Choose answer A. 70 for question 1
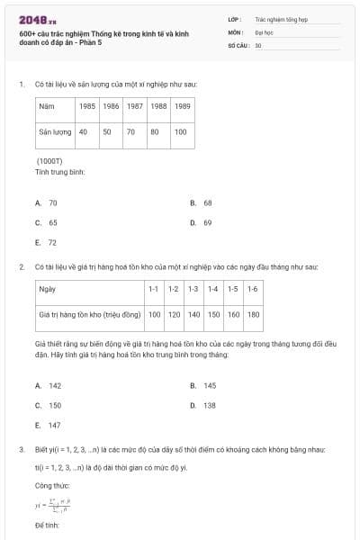click(x=47, y=203)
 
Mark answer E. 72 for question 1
click(x=47, y=242)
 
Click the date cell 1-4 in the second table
click(x=213, y=289)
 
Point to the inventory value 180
click(x=253, y=314)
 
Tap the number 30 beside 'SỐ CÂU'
click(x=258, y=45)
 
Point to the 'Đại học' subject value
click(x=264, y=31)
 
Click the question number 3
click(x=21, y=449)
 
